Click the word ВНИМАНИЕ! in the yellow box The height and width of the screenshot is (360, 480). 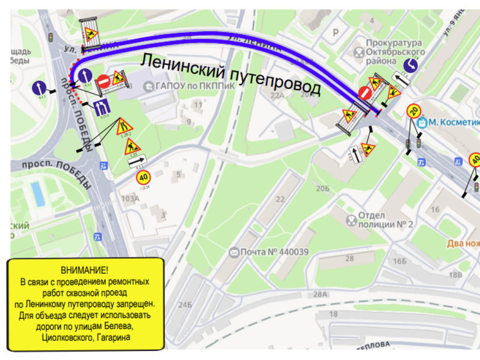pyautogui.click(x=84, y=269)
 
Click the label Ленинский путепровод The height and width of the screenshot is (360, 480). pyautogui.click(x=230, y=73)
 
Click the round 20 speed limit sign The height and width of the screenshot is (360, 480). pyautogui.click(x=414, y=111)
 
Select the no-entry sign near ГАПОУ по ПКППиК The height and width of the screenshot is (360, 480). pyautogui.click(x=104, y=82)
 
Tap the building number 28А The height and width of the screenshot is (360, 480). pyautogui.click(x=320, y=294)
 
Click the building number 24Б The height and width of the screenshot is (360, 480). pyautogui.click(x=185, y=303)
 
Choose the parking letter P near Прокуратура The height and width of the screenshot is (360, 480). pyautogui.click(x=334, y=30)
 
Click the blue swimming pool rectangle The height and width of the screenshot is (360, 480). pyautogui.click(x=39, y=193)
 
